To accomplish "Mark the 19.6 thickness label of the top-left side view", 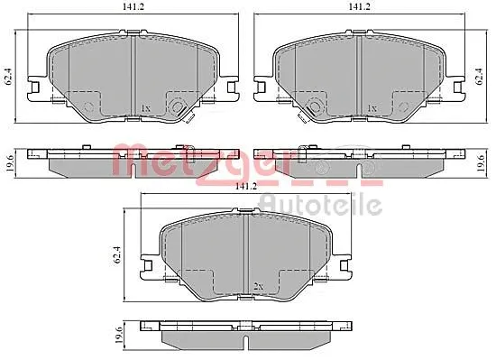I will coord(9,162).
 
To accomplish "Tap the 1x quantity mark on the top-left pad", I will coord(145,108).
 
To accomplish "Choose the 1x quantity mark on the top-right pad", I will coord(372,108).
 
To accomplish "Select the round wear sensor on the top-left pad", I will coord(89,106).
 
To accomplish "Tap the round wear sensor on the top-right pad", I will coord(316,106).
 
